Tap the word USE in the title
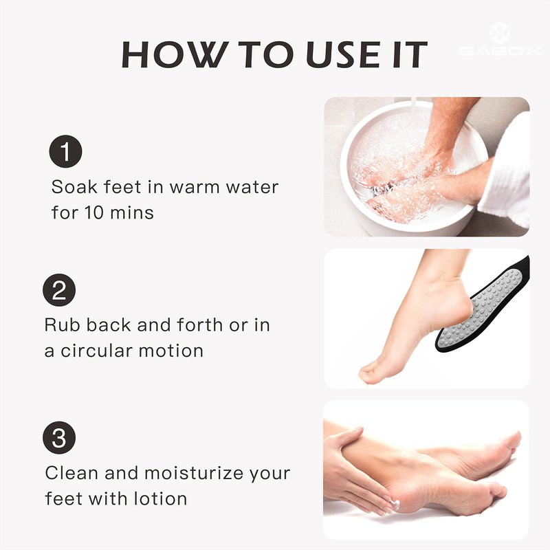pos(342,54)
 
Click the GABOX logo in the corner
pos(500,39)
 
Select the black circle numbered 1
pos(65,151)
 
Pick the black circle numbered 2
pos(59,290)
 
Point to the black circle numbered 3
pos(59,437)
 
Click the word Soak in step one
pos(74,186)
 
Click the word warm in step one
pos(195,187)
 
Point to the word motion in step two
pos(171,351)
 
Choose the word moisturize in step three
pos(194,472)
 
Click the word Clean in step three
pos(71,472)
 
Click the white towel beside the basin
pos(507,172)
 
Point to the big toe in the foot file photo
pos(369,375)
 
